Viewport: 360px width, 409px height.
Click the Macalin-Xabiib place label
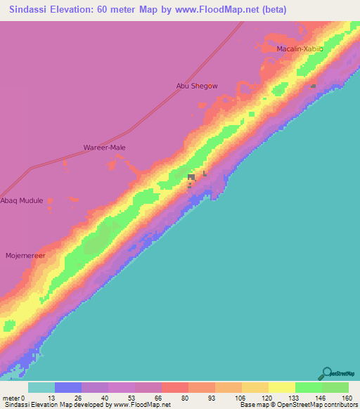[300, 48]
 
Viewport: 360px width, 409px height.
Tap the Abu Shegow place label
[197, 86]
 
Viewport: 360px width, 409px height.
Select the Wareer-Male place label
[105, 148]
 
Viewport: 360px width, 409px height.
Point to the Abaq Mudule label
[22, 200]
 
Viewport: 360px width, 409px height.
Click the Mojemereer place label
[25, 256]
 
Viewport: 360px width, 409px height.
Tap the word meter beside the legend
[11, 397]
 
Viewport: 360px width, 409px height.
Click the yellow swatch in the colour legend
[282, 387]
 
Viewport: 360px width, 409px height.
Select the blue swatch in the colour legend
[68, 387]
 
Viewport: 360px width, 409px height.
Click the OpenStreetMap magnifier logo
[327, 372]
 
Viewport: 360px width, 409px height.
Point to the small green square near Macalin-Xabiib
[314, 86]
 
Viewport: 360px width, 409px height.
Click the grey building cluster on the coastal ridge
[191, 178]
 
